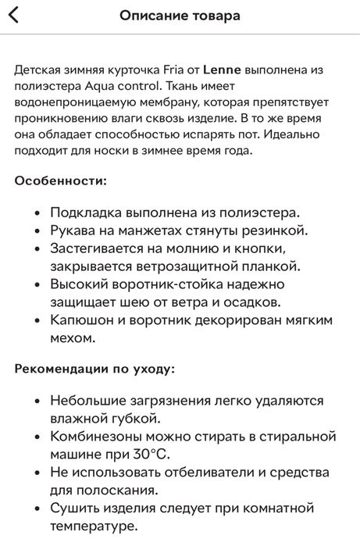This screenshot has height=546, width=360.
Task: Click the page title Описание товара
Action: (180, 16)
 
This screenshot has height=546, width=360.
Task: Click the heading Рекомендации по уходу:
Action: (94, 368)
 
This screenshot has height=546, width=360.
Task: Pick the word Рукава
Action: (73, 230)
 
